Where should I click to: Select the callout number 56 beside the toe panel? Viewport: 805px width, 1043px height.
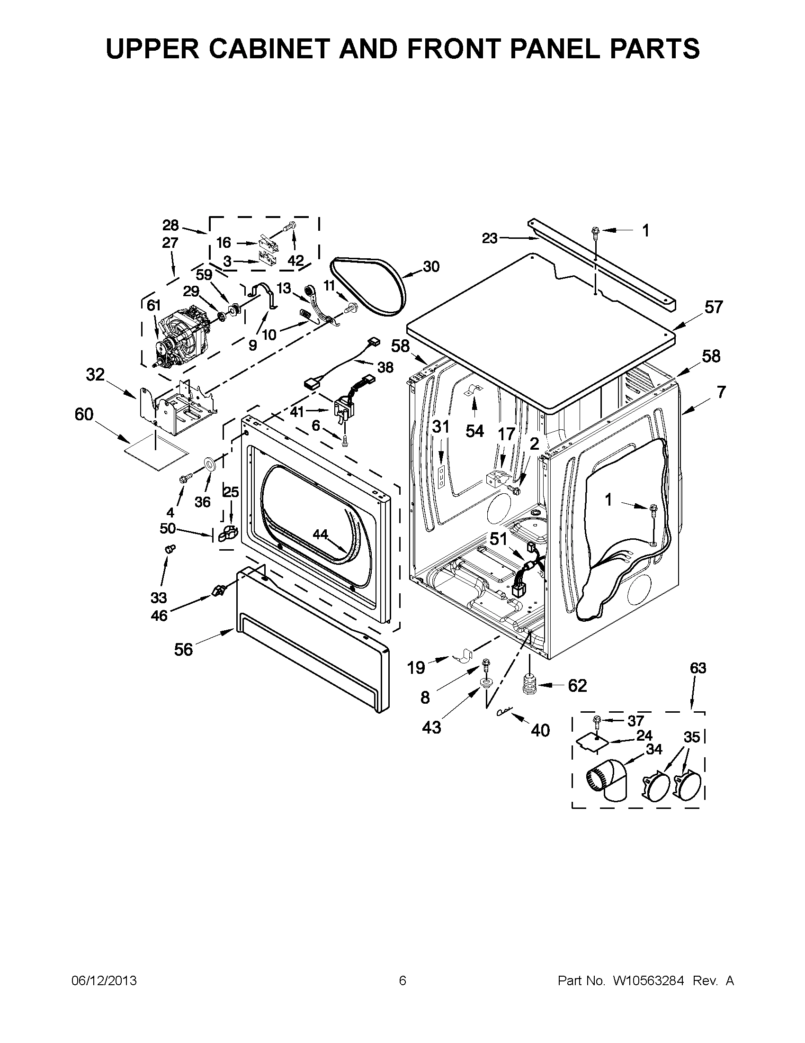(x=183, y=649)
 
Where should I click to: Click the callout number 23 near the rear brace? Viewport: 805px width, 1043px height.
(x=490, y=238)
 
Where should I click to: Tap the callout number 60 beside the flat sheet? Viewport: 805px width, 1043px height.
(x=84, y=414)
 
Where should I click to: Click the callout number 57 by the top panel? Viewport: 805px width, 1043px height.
(x=714, y=307)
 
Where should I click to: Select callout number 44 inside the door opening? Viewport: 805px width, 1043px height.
(x=320, y=535)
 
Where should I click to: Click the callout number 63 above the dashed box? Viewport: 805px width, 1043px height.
(x=698, y=668)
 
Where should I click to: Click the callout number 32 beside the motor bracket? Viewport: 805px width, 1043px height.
(x=95, y=375)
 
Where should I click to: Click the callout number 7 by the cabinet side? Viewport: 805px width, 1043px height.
(x=721, y=392)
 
